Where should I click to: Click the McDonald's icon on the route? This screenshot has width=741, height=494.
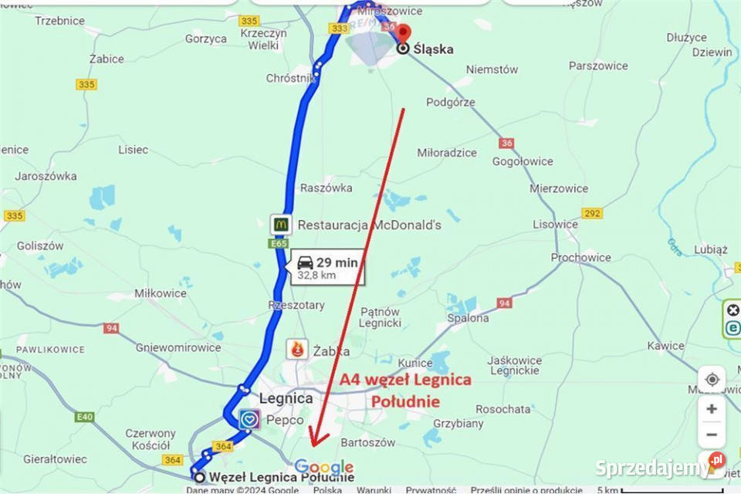point(281,225)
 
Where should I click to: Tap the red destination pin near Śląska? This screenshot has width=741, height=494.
point(402,33)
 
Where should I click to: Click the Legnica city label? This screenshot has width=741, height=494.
point(286,398)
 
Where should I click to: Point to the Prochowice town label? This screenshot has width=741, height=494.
point(581,257)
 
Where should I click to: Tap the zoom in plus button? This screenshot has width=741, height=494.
point(712,408)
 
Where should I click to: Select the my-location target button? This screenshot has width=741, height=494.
point(712,379)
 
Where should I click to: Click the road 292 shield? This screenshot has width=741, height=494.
point(592,213)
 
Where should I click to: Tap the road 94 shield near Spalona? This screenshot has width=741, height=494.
point(504,303)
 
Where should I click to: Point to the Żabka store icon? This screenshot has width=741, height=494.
point(297,350)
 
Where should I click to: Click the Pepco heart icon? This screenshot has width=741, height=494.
point(249,420)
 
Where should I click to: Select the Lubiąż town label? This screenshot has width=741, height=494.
point(710,249)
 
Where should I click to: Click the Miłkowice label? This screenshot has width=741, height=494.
point(161,293)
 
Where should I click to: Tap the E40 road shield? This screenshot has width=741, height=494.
point(85,418)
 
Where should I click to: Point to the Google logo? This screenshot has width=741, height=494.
point(324,467)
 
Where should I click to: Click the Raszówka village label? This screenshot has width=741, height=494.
point(326,188)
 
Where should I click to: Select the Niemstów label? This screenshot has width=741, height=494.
point(492,69)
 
